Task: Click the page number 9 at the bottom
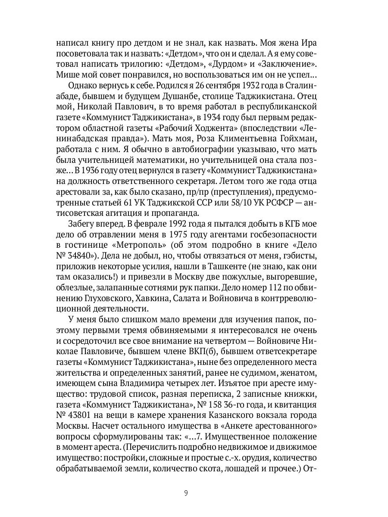point(186,493)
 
